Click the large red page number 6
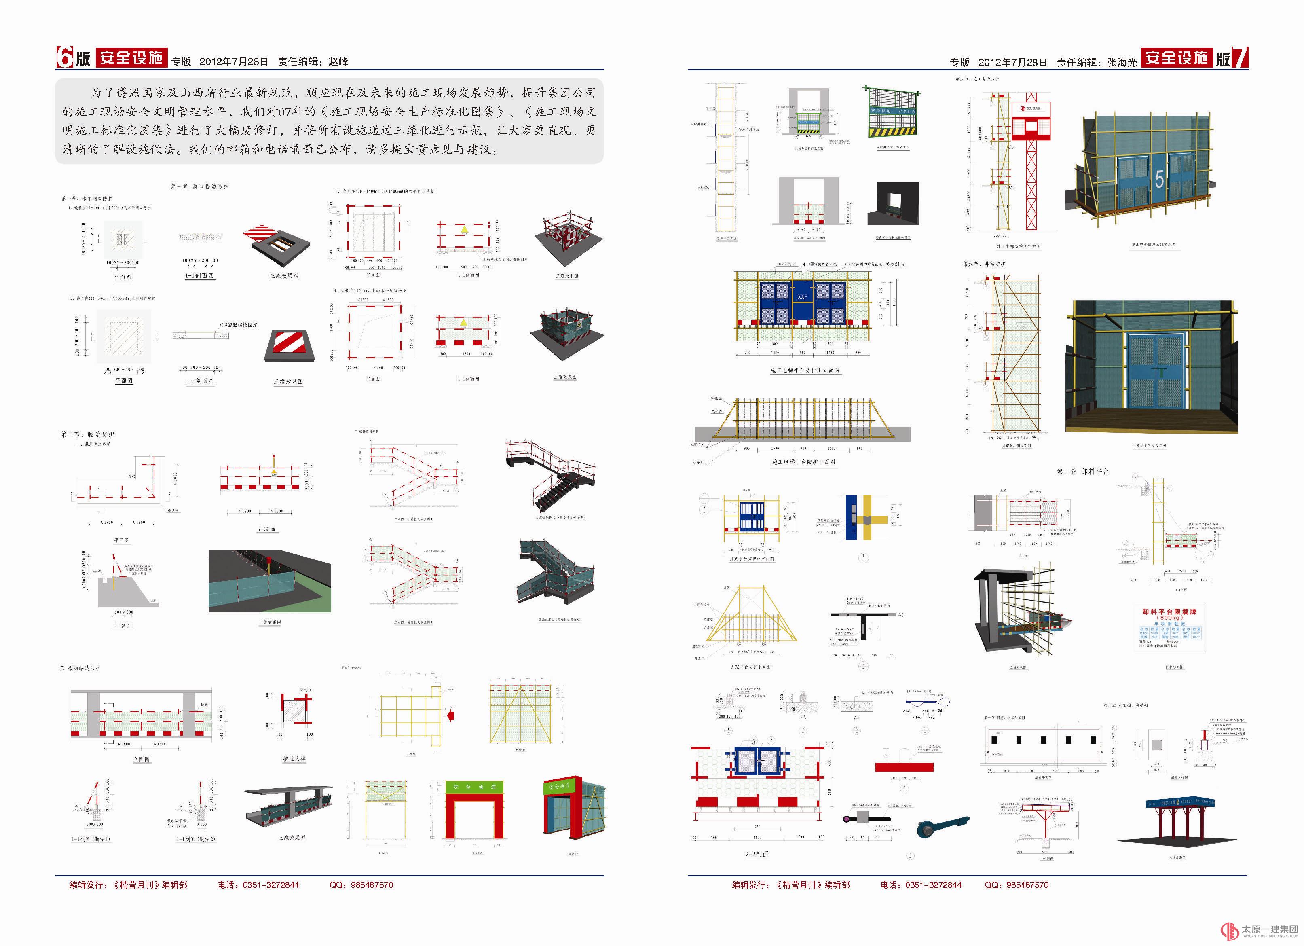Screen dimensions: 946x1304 64,57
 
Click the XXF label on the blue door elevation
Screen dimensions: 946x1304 802,297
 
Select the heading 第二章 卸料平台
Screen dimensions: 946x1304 1083,471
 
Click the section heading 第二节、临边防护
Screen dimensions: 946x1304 87,434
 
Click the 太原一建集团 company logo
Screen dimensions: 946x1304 1259,930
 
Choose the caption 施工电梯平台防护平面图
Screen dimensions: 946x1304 803,462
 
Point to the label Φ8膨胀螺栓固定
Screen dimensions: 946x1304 239,325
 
